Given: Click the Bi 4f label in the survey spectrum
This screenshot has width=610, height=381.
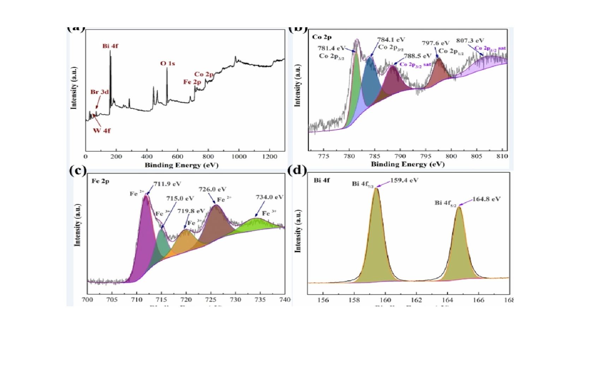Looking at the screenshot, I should [110, 46].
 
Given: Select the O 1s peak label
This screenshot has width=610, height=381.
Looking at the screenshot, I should [167, 64].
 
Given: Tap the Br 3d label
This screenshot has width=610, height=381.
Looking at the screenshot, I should [99, 92].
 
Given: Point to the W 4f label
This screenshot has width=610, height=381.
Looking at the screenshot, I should [102, 131].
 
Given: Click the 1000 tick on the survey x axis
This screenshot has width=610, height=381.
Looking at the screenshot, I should [239, 157].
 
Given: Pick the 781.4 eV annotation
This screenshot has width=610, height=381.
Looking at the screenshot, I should [331, 48].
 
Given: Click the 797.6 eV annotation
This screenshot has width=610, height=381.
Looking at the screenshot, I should [436, 43].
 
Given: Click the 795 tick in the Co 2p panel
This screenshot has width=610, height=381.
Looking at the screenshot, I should [426, 156].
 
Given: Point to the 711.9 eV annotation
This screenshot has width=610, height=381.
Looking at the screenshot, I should [167, 184].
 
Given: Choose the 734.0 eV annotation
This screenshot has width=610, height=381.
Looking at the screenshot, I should [269, 197].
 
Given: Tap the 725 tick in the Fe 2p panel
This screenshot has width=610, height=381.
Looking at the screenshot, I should [211, 300].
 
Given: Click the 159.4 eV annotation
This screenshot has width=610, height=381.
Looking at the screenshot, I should [404, 181].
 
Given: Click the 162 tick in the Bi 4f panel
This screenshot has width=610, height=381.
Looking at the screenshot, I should [417, 300].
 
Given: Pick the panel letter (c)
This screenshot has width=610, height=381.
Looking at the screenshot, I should [78, 171].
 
